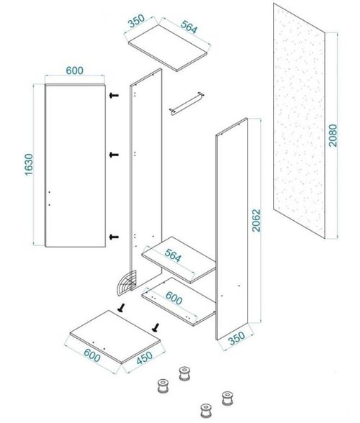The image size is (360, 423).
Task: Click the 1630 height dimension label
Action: click(x=29, y=165)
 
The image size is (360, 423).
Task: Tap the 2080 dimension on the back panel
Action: click(x=333, y=135)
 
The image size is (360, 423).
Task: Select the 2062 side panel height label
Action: click(x=256, y=220)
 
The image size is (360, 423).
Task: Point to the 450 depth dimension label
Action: click(x=145, y=358)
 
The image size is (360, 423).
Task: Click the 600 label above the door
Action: click(x=75, y=70)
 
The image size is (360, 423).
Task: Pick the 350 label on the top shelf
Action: click(x=136, y=20)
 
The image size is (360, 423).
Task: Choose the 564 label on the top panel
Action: click(x=189, y=27)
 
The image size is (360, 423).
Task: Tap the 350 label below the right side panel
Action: click(x=237, y=338)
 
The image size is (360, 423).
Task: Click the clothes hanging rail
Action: click(x=186, y=104)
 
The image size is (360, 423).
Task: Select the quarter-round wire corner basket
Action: click(x=127, y=283)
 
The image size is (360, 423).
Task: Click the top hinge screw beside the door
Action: click(x=114, y=95)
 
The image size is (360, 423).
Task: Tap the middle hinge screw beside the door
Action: click(x=114, y=155)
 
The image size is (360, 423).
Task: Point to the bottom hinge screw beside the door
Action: click(x=114, y=237)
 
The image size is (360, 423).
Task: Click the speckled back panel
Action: click(x=299, y=121)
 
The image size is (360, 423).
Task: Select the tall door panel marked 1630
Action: click(x=75, y=165)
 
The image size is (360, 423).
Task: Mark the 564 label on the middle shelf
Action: click(x=173, y=255)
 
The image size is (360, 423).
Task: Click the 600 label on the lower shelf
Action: click(x=174, y=298)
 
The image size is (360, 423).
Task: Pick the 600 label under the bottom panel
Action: click(x=92, y=355)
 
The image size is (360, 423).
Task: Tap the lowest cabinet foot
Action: click(x=206, y=411)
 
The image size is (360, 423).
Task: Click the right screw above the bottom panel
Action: click(x=156, y=327)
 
